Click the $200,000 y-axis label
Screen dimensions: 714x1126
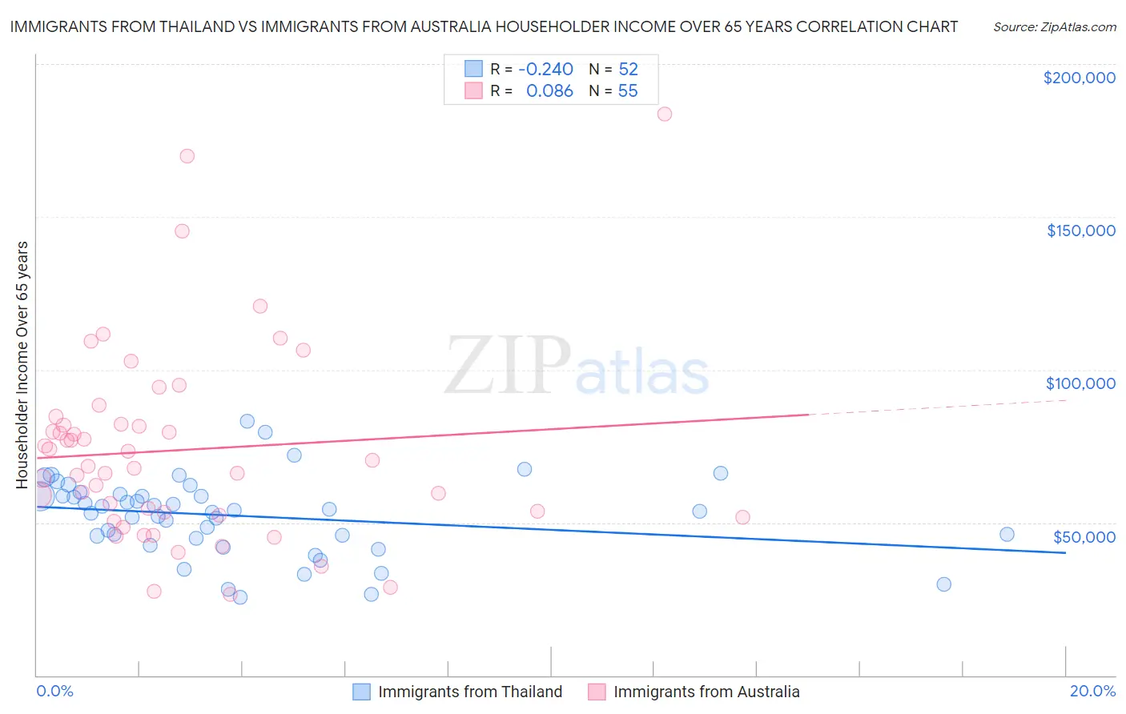tap(1079, 78)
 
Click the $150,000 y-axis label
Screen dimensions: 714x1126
tap(1080, 231)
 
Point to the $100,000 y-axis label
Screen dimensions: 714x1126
tap(1080, 383)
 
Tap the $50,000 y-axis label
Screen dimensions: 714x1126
tap(1084, 536)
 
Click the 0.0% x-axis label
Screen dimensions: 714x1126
tap(54, 691)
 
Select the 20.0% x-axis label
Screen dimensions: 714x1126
tap(1092, 691)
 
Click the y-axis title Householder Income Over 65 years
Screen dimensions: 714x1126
tap(22, 364)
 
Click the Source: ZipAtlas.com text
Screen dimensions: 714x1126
tap(1054, 27)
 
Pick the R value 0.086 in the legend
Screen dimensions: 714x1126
tap(549, 91)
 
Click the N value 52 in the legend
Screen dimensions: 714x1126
tap(628, 70)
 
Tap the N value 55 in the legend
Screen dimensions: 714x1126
tap(628, 91)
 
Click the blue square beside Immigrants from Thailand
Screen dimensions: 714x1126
tap(362, 692)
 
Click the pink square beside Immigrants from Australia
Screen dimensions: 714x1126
tap(597, 692)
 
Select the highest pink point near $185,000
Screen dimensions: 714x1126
tap(665, 114)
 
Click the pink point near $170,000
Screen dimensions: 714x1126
tap(187, 156)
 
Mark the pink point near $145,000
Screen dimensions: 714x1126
tap(182, 231)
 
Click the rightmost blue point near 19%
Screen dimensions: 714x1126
tap(1007, 535)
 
